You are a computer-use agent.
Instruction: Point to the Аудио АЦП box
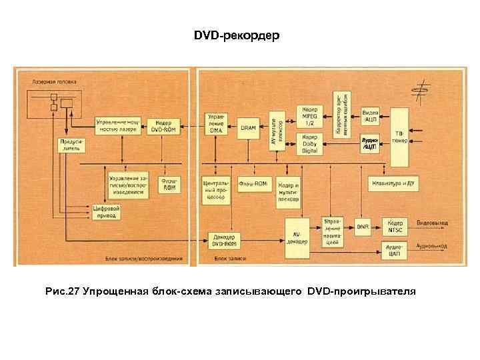[x=371, y=144]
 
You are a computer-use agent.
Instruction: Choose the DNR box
[x=363, y=227]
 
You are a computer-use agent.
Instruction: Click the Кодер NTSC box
[x=395, y=226]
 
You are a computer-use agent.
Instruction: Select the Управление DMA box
[x=218, y=126]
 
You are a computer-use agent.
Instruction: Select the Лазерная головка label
[x=54, y=81]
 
